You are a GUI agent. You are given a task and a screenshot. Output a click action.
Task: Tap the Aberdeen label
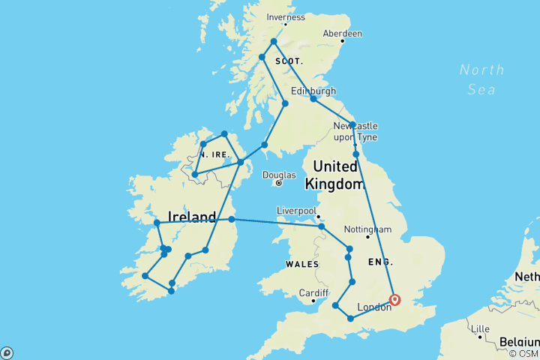point(342,34)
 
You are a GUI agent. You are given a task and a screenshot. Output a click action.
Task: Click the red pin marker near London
point(395,300)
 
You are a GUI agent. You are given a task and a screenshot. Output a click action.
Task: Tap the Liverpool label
point(295,211)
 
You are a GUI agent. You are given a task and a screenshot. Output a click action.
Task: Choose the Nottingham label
point(367,229)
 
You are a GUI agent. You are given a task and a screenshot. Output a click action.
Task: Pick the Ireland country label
point(192,217)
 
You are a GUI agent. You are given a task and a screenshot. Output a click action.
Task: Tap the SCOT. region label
point(289,61)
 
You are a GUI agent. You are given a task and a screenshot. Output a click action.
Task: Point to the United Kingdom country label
point(334,175)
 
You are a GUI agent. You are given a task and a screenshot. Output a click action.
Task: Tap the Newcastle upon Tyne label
point(355,131)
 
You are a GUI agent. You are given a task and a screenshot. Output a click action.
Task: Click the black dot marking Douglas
point(278,183)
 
